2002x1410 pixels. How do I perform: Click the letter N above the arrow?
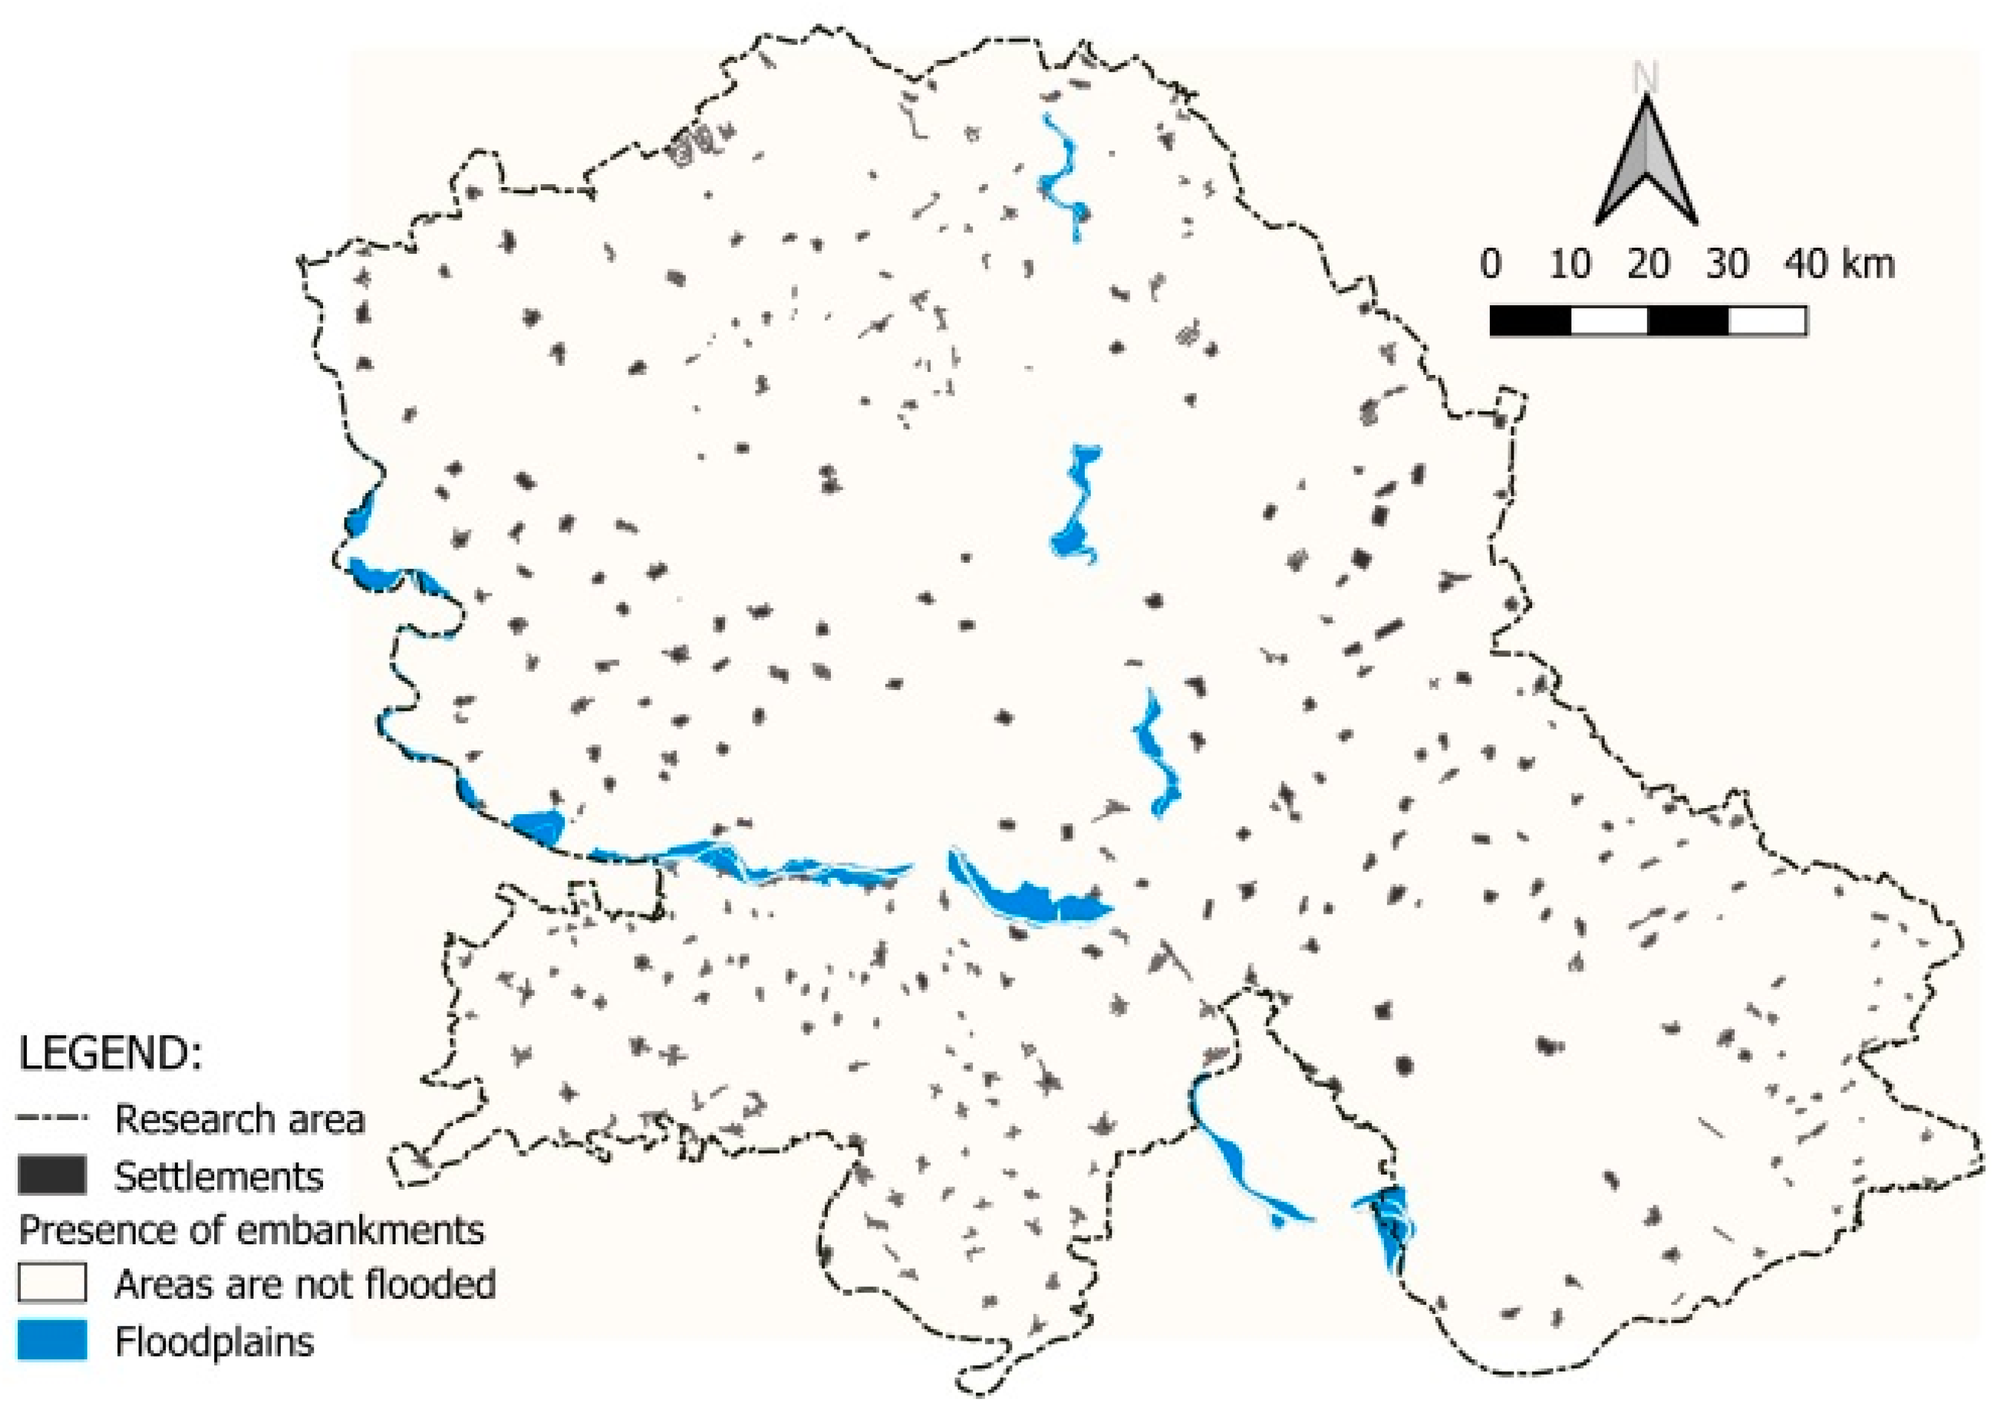(x=1645, y=78)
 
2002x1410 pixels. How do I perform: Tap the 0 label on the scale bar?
(x=1491, y=263)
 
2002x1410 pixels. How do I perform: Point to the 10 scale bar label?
(x=1569, y=263)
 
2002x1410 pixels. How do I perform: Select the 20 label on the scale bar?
(x=1648, y=263)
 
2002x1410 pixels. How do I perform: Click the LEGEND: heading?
(x=110, y=1054)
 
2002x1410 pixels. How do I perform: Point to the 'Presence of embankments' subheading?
(x=251, y=1230)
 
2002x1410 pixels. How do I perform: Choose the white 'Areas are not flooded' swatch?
(x=53, y=1283)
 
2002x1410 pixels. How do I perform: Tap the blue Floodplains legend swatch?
(x=53, y=1340)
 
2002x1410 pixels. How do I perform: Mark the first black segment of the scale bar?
(x=1530, y=321)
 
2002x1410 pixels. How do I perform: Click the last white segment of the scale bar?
(x=1766, y=321)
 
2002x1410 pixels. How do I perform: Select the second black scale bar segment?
(x=1688, y=321)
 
